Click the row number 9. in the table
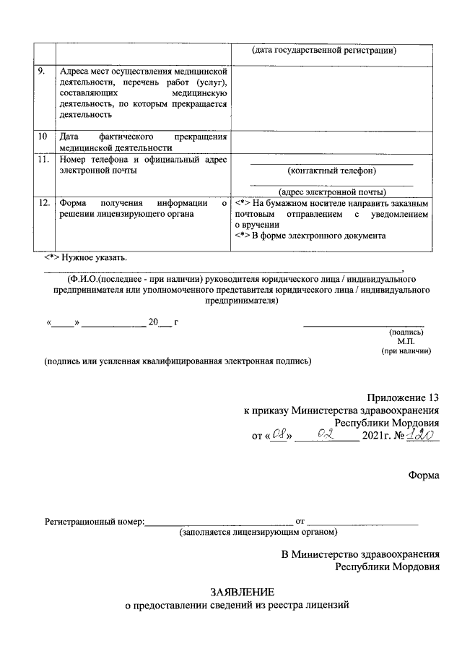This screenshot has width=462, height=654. click(x=41, y=71)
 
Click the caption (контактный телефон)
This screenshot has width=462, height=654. click(x=332, y=171)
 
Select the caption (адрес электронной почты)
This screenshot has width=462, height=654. click(x=332, y=192)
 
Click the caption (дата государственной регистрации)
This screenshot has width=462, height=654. click(x=325, y=50)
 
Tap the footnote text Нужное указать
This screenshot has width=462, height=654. click(x=87, y=256)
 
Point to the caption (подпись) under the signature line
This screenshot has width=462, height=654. click(x=406, y=332)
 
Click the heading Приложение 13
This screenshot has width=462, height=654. click(x=402, y=397)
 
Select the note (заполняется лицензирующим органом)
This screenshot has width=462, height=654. click(x=258, y=532)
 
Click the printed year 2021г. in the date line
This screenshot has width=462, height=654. click(x=379, y=437)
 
